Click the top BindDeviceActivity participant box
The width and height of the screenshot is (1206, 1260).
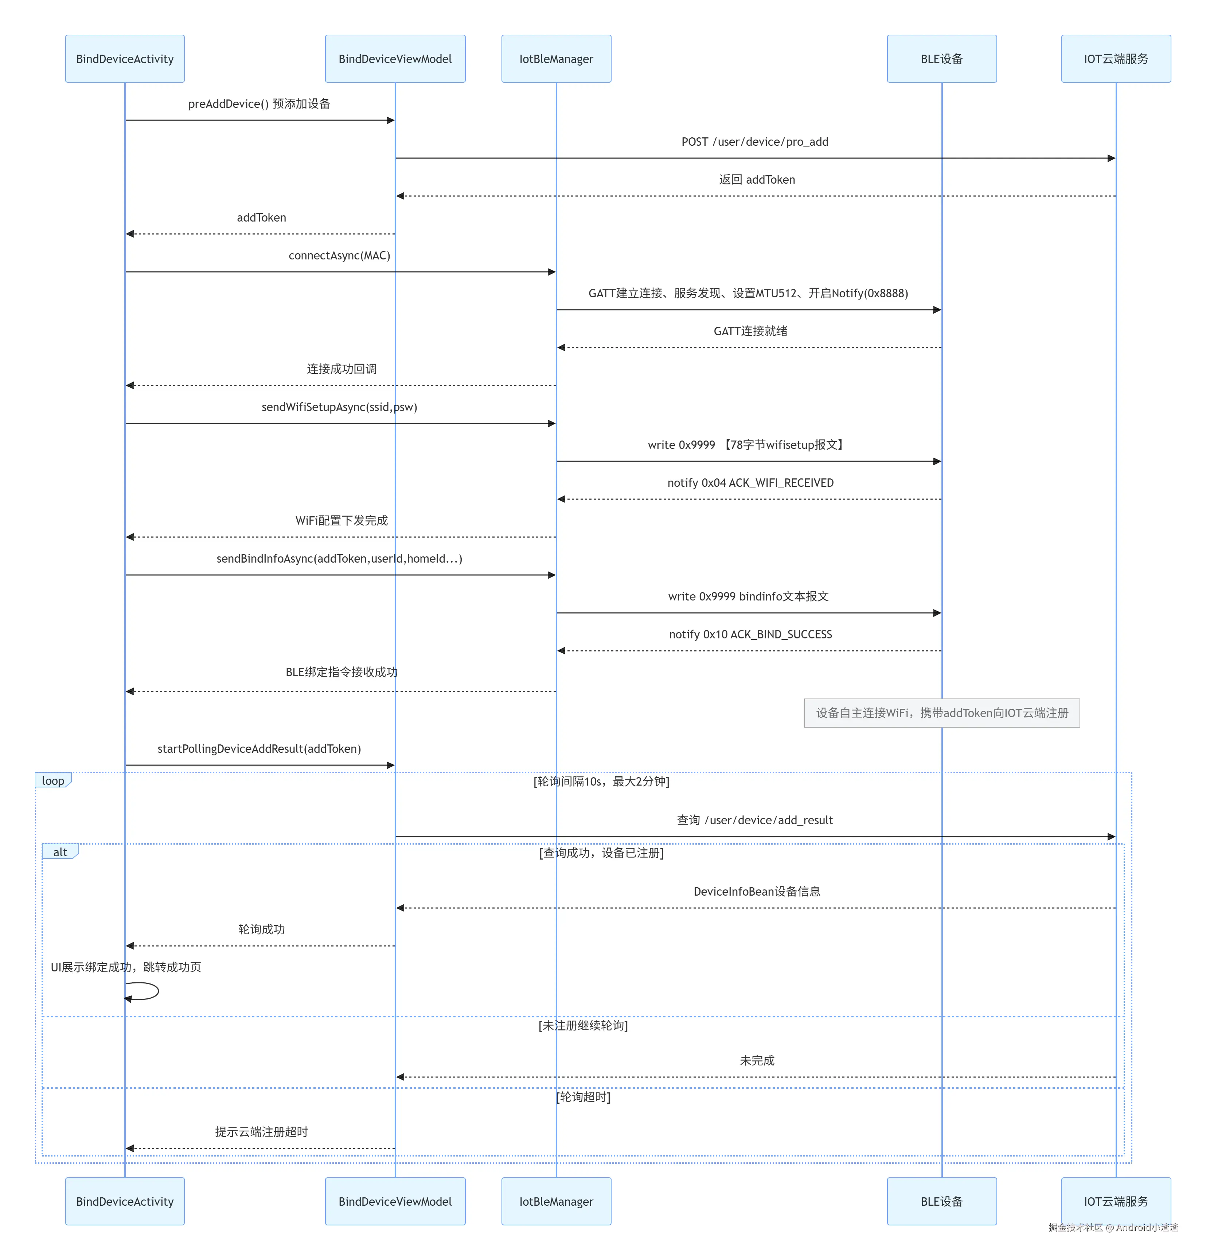(x=125, y=59)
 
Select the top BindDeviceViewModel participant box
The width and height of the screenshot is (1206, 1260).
(x=395, y=59)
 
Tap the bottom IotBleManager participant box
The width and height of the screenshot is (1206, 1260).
(x=556, y=1201)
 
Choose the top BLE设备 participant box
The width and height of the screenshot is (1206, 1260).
(x=942, y=59)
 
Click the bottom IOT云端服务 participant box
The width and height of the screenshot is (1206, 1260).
(x=1116, y=1201)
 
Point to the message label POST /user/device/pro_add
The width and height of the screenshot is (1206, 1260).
(x=755, y=141)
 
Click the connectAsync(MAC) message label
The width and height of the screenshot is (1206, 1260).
(x=339, y=255)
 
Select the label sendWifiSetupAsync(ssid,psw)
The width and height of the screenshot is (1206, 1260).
(x=339, y=407)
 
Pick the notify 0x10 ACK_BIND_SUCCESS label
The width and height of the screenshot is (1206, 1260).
(x=750, y=634)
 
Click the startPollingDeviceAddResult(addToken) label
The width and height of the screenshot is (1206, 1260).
(x=259, y=749)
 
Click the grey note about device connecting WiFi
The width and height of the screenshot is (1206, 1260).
(x=942, y=713)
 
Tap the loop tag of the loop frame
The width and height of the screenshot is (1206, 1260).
(x=53, y=780)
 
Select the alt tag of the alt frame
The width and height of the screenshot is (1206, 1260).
(x=61, y=852)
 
